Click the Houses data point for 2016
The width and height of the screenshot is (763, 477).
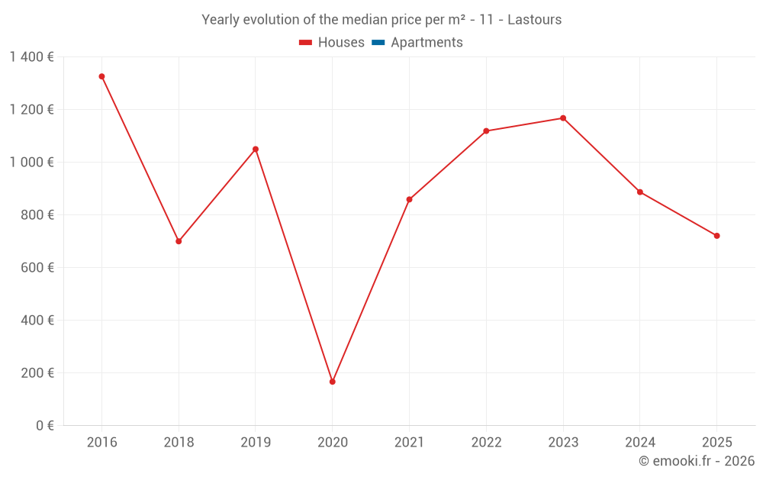tap(101, 76)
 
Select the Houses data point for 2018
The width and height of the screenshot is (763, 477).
tap(179, 241)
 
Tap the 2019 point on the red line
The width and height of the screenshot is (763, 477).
tap(256, 149)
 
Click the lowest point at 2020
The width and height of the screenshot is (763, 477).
tap(332, 382)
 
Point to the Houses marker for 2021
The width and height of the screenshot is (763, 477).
tap(409, 199)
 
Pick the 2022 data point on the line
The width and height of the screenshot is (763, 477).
tap(486, 131)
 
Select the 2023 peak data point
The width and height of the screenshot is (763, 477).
tap(563, 118)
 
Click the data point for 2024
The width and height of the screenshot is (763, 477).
tap(639, 192)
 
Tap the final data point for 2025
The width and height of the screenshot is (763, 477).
tap(716, 236)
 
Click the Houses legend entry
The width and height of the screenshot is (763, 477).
tap(332, 43)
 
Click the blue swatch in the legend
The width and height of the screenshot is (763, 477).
tap(378, 43)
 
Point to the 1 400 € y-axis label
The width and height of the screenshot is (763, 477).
tap(31, 56)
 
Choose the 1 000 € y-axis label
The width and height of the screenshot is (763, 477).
tap(31, 163)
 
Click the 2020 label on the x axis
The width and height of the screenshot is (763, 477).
tap(332, 443)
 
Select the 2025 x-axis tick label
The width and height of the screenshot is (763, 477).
tap(716, 443)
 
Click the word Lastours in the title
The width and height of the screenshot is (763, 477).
tap(534, 20)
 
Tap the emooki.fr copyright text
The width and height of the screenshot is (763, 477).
tap(697, 461)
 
